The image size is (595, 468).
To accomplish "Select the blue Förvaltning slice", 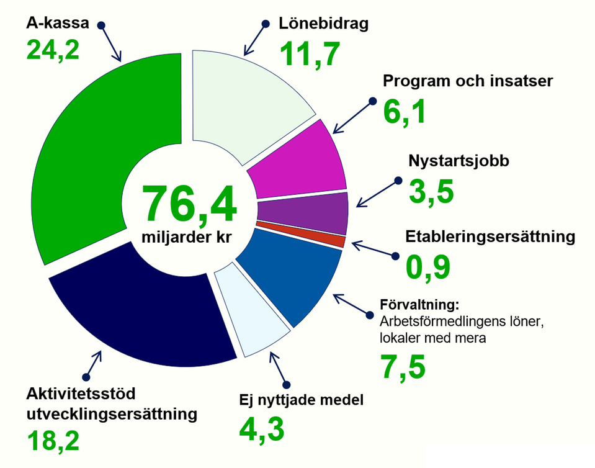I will [292, 276].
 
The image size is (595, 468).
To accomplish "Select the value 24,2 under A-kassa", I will [53, 49].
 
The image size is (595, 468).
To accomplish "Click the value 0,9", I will [427, 267].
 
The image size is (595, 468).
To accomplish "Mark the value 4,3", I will [262, 429].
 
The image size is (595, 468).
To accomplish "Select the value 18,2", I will [53, 440].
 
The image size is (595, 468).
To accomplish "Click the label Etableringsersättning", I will [490, 236].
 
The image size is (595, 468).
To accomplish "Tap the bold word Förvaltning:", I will [418, 305].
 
